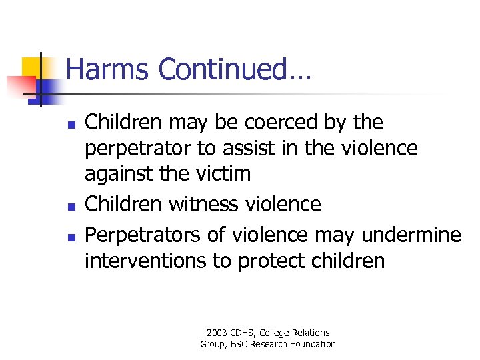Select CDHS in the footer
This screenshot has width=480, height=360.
click(x=245, y=333)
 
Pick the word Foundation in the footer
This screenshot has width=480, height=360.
click(x=313, y=345)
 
